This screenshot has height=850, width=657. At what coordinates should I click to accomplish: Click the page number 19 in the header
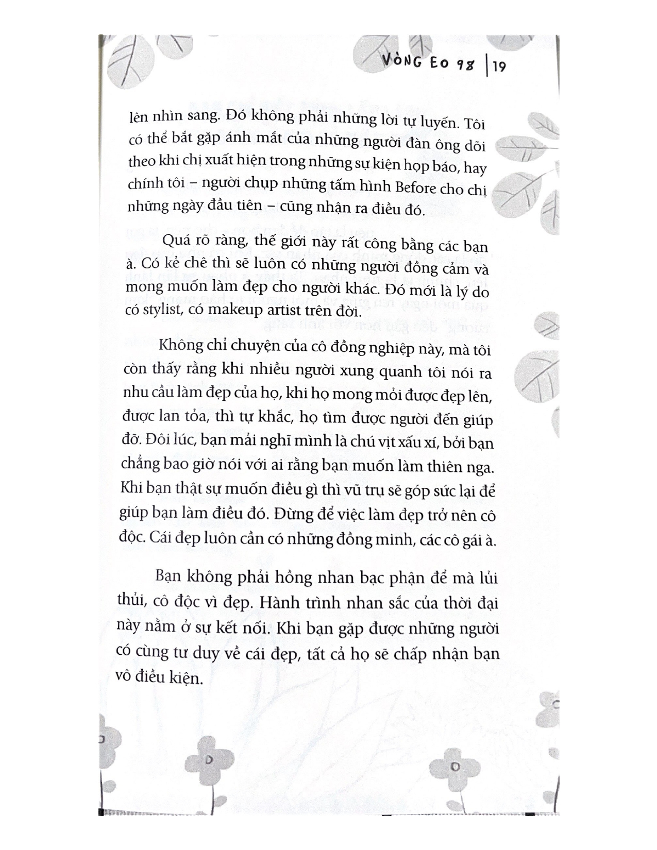pos(499,67)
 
